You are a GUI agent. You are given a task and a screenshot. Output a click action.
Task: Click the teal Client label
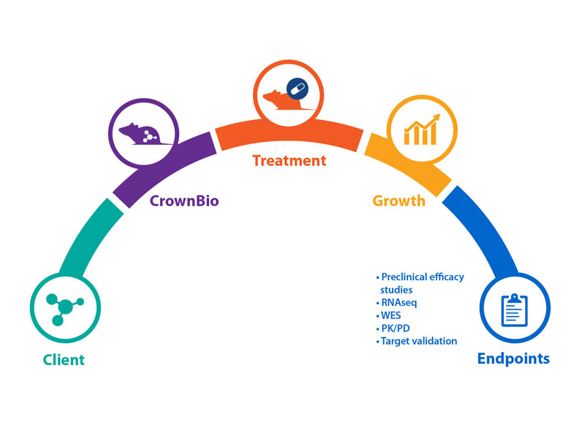[64, 360]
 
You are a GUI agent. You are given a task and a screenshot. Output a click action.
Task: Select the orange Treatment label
[289, 160]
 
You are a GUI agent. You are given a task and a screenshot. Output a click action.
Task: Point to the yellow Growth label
[399, 200]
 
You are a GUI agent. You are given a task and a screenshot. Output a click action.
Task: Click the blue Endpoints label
[513, 359]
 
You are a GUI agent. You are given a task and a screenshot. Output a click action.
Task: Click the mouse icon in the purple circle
[144, 133]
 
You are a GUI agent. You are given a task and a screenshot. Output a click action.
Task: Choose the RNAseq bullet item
[399, 303]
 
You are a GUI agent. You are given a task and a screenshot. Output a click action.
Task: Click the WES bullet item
[393, 315]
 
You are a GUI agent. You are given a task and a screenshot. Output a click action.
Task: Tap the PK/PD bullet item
[398, 329]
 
